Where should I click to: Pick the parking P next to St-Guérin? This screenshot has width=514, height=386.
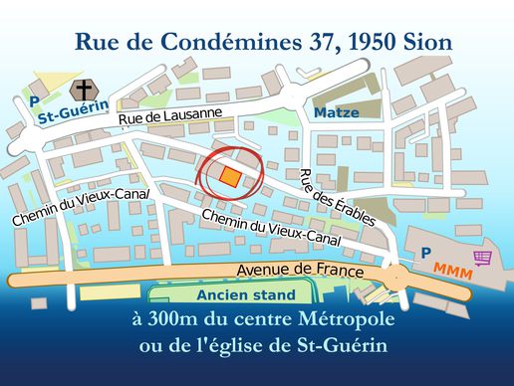point(34,101)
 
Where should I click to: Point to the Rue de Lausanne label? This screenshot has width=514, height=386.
point(169,116)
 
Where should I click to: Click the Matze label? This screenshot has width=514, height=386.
point(337,112)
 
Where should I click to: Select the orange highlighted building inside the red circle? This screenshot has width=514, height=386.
point(230,177)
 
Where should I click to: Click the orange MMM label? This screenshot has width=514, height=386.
point(452,271)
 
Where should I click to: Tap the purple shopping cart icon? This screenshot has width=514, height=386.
point(482,257)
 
